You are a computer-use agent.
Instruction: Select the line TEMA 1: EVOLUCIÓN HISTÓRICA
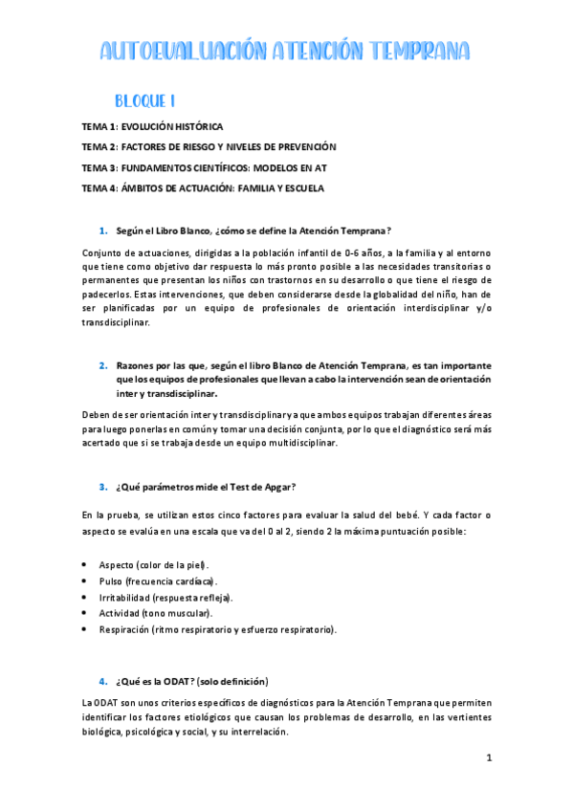pos(152,126)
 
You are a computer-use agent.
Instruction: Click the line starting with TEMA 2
pos(209,146)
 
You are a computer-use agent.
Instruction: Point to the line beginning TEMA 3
pos(204,167)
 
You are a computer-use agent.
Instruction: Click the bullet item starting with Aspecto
pos(153,564)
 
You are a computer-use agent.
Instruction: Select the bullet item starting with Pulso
pos(157,581)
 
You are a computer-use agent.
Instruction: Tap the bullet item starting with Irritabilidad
pos(165,597)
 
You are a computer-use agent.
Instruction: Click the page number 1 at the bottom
pos(489,758)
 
